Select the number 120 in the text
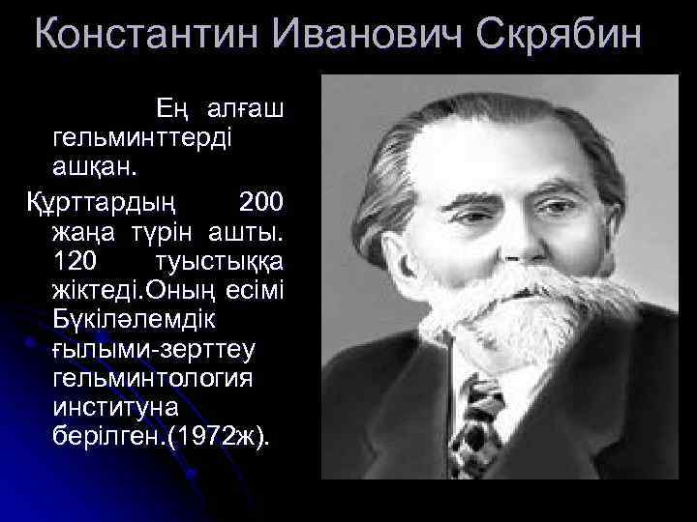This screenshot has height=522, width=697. coord(78,262)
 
